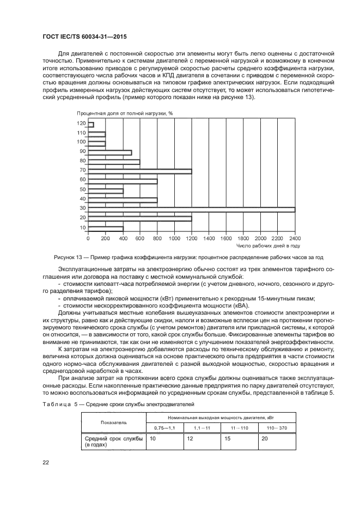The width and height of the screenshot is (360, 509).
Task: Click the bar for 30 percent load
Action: click(191, 209)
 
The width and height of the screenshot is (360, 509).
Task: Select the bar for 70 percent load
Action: click(140, 171)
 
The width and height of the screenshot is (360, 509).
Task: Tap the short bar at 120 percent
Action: click(91, 125)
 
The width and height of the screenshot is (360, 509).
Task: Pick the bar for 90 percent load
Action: click(110, 152)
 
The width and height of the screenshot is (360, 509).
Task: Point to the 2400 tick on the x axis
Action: click(295, 238)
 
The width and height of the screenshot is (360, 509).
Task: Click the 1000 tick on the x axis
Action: click(174, 238)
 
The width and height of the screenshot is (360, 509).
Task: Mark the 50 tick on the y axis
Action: click(83, 190)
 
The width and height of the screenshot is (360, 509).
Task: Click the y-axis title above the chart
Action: click(125, 113)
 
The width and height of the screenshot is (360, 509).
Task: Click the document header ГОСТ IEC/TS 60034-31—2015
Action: click(80, 36)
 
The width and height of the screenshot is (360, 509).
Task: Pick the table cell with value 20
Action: click(265, 438)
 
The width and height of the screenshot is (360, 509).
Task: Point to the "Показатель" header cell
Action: click(114, 422)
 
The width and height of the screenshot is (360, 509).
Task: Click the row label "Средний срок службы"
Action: click(113, 438)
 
